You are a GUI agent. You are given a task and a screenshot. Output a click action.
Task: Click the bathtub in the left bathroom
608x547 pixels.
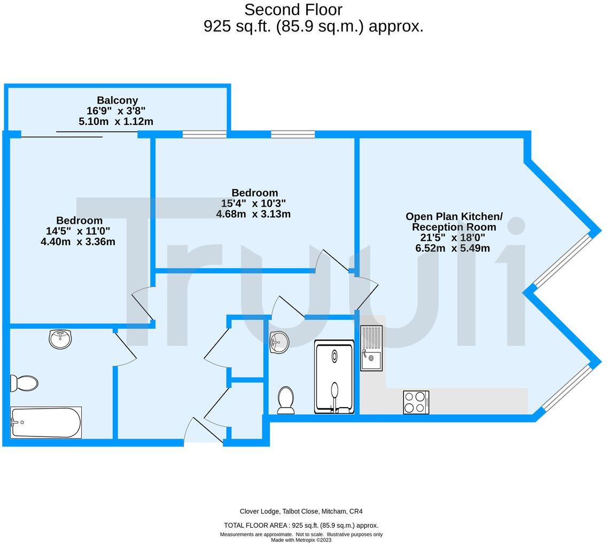tap(46, 422)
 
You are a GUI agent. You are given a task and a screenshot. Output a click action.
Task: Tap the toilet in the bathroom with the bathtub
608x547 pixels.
tap(25, 383)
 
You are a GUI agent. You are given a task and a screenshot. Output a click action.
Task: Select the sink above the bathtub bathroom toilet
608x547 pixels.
tap(60, 339)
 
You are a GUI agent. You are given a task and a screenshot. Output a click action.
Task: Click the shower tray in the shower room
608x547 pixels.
tap(334, 377)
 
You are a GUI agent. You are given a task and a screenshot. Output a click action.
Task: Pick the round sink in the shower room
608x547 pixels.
tap(279, 342)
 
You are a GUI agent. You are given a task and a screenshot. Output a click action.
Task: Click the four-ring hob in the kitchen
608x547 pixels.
tap(416, 402)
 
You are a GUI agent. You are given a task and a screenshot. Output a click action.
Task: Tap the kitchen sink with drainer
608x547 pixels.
tap(371, 348)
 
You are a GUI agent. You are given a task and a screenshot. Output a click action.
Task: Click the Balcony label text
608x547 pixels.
tap(117, 100)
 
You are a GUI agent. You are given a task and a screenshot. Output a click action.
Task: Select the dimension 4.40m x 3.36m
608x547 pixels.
tap(78, 241)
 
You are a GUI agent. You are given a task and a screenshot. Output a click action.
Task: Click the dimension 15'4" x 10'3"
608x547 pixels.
tap(253, 204)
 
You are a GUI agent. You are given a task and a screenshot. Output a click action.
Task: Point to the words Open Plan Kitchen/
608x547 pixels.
tap(454, 216)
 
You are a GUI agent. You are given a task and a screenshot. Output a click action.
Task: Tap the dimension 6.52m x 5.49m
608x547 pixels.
tap(452, 248)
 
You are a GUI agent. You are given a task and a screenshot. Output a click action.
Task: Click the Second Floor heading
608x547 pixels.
tap(293, 10)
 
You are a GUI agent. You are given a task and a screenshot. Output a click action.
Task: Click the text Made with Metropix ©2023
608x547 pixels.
tap(301, 540)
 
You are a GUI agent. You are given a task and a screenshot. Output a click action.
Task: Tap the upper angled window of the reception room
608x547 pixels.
tap(563, 260)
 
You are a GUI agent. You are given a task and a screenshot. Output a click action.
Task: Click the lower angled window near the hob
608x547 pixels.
tap(564, 389)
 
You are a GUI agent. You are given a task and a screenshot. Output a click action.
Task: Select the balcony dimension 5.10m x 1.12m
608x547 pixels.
tap(116, 121)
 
